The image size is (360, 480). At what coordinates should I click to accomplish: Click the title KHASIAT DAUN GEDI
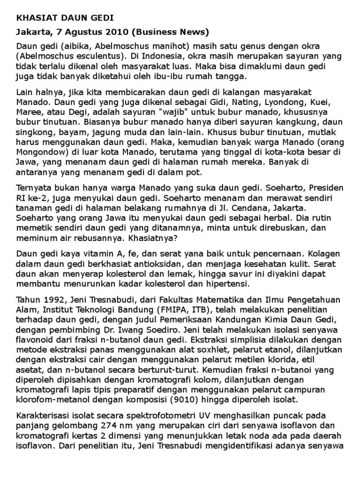[65, 19]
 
